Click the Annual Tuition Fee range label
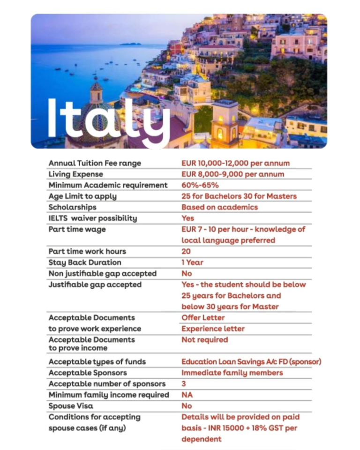click(x=95, y=163)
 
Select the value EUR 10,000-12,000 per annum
click(x=235, y=163)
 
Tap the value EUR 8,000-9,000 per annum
click(x=232, y=174)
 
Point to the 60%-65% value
click(x=200, y=185)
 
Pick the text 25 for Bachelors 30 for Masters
click(x=239, y=196)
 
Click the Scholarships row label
click(x=72, y=207)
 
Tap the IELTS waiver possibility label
click(x=93, y=218)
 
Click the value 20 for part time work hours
click(x=186, y=251)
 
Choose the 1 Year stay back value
click(x=192, y=262)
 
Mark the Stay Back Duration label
click(x=85, y=262)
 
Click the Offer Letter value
click(x=203, y=317)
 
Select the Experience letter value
click(x=213, y=329)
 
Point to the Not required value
click(x=204, y=339)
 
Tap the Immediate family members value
click(x=232, y=373)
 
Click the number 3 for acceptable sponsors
click(x=184, y=384)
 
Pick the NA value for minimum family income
click(x=187, y=395)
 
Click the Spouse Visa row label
click(x=71, y=406)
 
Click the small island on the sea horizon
click(x=130, y=44)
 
